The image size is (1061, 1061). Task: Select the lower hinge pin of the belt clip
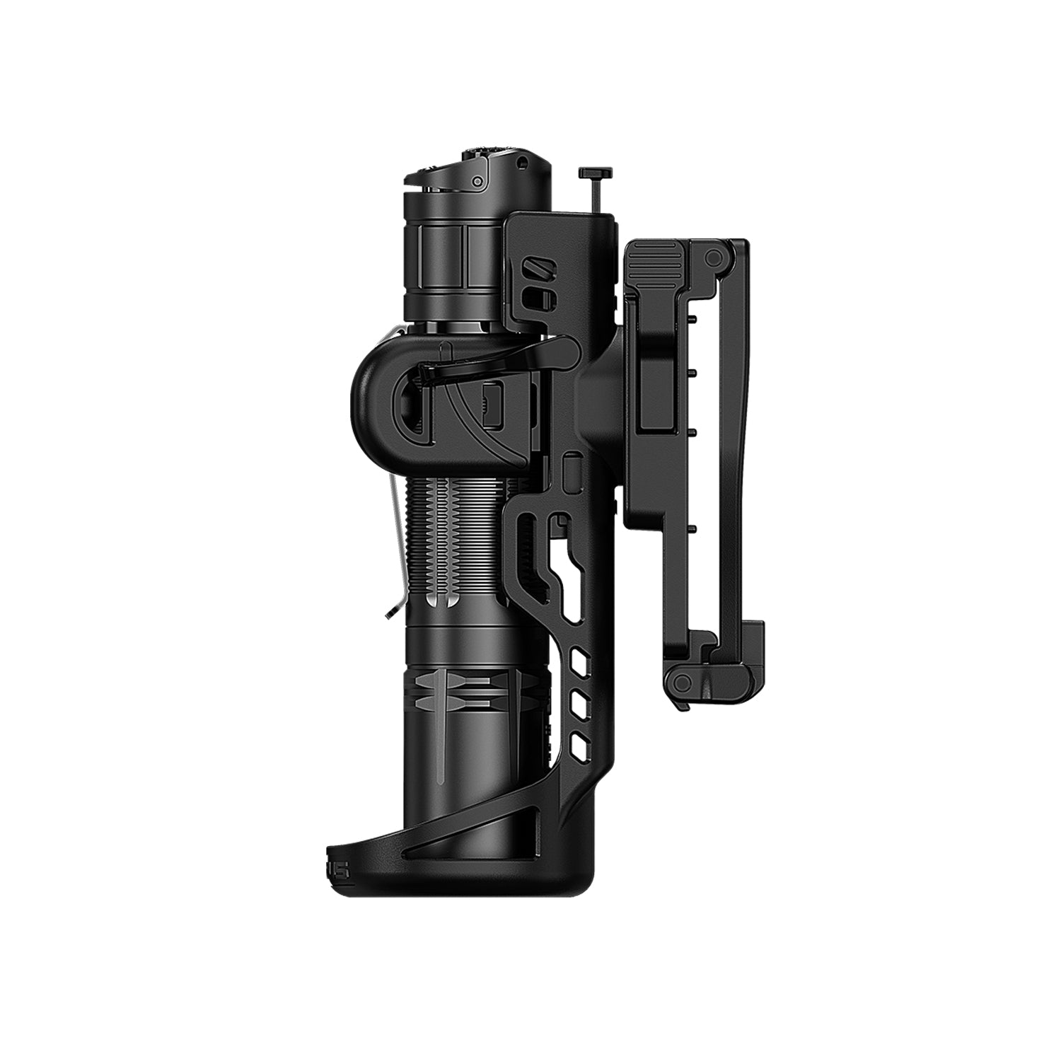(x=682, y=681)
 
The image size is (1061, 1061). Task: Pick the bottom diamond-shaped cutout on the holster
(x=580, y=742)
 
